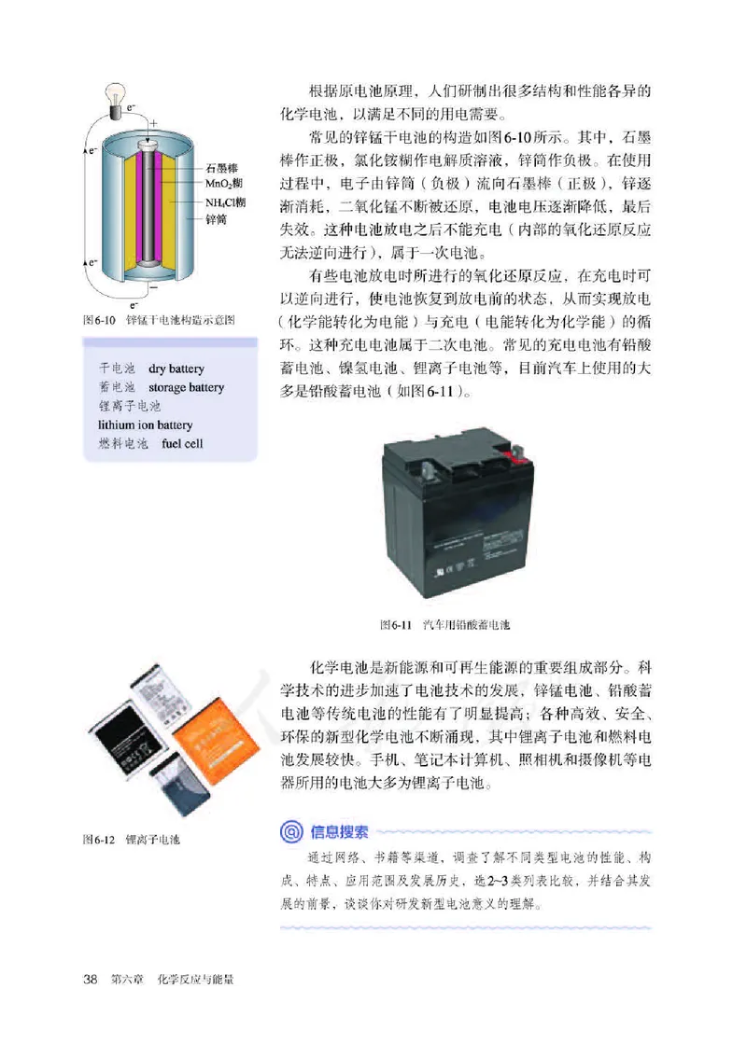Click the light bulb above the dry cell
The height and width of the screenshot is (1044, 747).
(x=117, y=94)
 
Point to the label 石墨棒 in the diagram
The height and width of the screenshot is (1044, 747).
(x=223, y=168)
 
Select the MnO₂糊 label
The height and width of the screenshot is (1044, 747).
(x=225, y=185)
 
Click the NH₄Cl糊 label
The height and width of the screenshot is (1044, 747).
(x=227, y=202)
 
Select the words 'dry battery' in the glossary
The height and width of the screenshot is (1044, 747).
(x=176, y=369)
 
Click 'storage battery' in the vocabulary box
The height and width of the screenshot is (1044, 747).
(x=186, y=387)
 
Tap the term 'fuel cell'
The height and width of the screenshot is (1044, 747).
(x=181, y=444)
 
